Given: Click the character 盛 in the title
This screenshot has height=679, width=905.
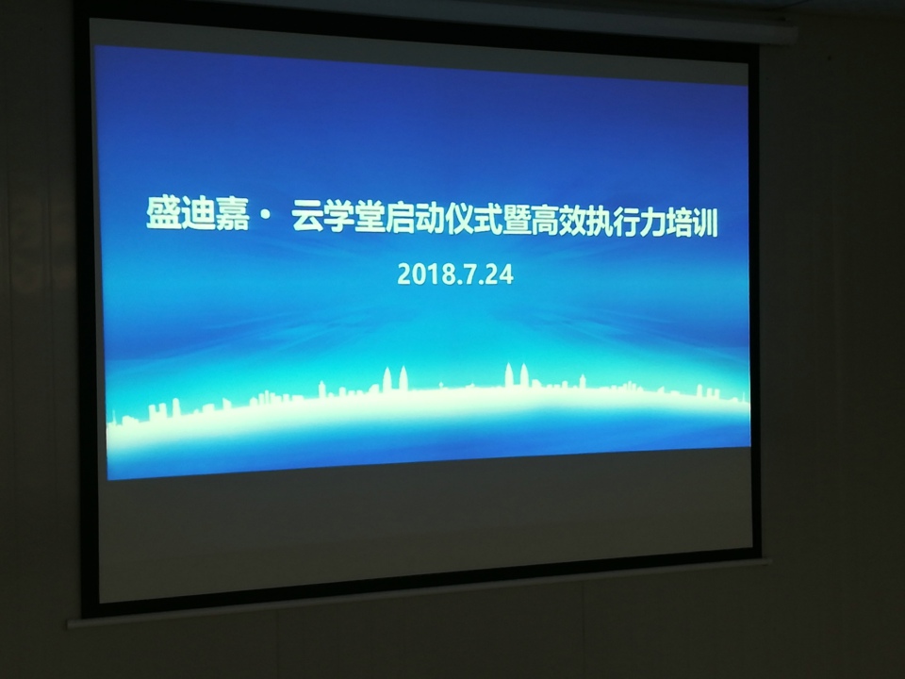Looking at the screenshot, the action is pos(163,213).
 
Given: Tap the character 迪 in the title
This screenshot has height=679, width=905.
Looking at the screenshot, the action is pos(197,214).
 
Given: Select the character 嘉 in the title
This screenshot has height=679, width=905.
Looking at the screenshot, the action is pos(232,214).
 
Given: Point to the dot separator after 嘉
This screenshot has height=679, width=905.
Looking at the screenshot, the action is pos(264,216).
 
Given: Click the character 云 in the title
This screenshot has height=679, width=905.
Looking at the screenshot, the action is pos(307,217).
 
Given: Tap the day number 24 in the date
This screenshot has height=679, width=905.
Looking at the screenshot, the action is pos(500,275).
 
